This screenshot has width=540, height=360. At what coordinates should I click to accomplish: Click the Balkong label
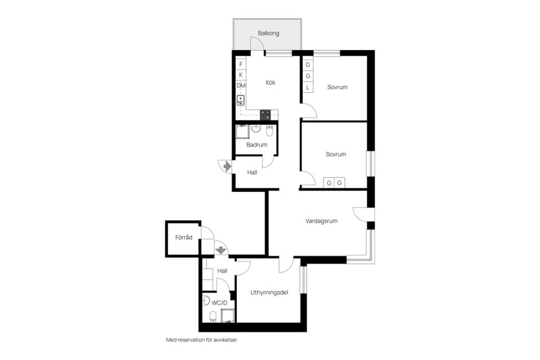(x=268, y=33)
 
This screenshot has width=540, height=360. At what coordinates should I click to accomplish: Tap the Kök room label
(x=271, y=83)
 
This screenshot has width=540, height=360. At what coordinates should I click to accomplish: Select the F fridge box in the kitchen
(x=241, y=64)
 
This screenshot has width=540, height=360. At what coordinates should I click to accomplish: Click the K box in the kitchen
(x=241, y=75)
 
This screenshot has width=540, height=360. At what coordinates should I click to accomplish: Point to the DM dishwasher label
(x=241, y=85)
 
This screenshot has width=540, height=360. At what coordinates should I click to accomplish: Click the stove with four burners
(x=265, y=114)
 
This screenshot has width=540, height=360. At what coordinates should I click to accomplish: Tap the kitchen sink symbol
(x=241, y=100)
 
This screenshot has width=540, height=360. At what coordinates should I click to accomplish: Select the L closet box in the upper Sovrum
(x=308, y=87)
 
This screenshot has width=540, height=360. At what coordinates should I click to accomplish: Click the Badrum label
(x=256, y=145)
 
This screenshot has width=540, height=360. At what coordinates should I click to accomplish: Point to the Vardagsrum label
(x=321, y=221)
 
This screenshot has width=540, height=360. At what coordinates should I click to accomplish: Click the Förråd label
(x=184, y=237)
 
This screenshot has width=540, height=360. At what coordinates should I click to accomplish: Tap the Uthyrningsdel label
(x=269, y=292)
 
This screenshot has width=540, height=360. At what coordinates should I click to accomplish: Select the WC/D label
(x=219, y=302)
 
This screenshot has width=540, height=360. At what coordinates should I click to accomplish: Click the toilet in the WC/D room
(x=213, y=317)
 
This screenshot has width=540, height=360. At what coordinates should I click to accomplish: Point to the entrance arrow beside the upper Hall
(x=227, y=166)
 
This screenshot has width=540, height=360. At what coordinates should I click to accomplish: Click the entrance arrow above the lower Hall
(x=220, y=248)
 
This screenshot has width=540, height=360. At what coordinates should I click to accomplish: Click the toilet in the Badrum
(x=269, y=131)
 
